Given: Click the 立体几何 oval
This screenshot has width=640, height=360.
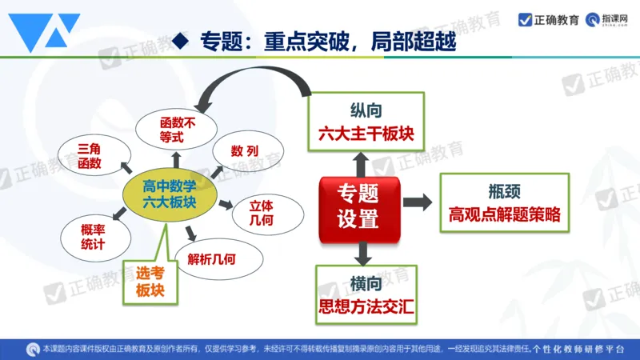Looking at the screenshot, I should (x=267, y=210).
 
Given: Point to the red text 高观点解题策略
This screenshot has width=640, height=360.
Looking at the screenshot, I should (x=504, y=215).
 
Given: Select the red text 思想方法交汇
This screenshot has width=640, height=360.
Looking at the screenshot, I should (x=366, y=306).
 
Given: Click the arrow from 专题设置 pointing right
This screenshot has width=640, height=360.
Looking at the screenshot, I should (x=416, y=202).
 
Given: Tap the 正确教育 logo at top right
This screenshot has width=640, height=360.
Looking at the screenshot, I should (x=550, y=20).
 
